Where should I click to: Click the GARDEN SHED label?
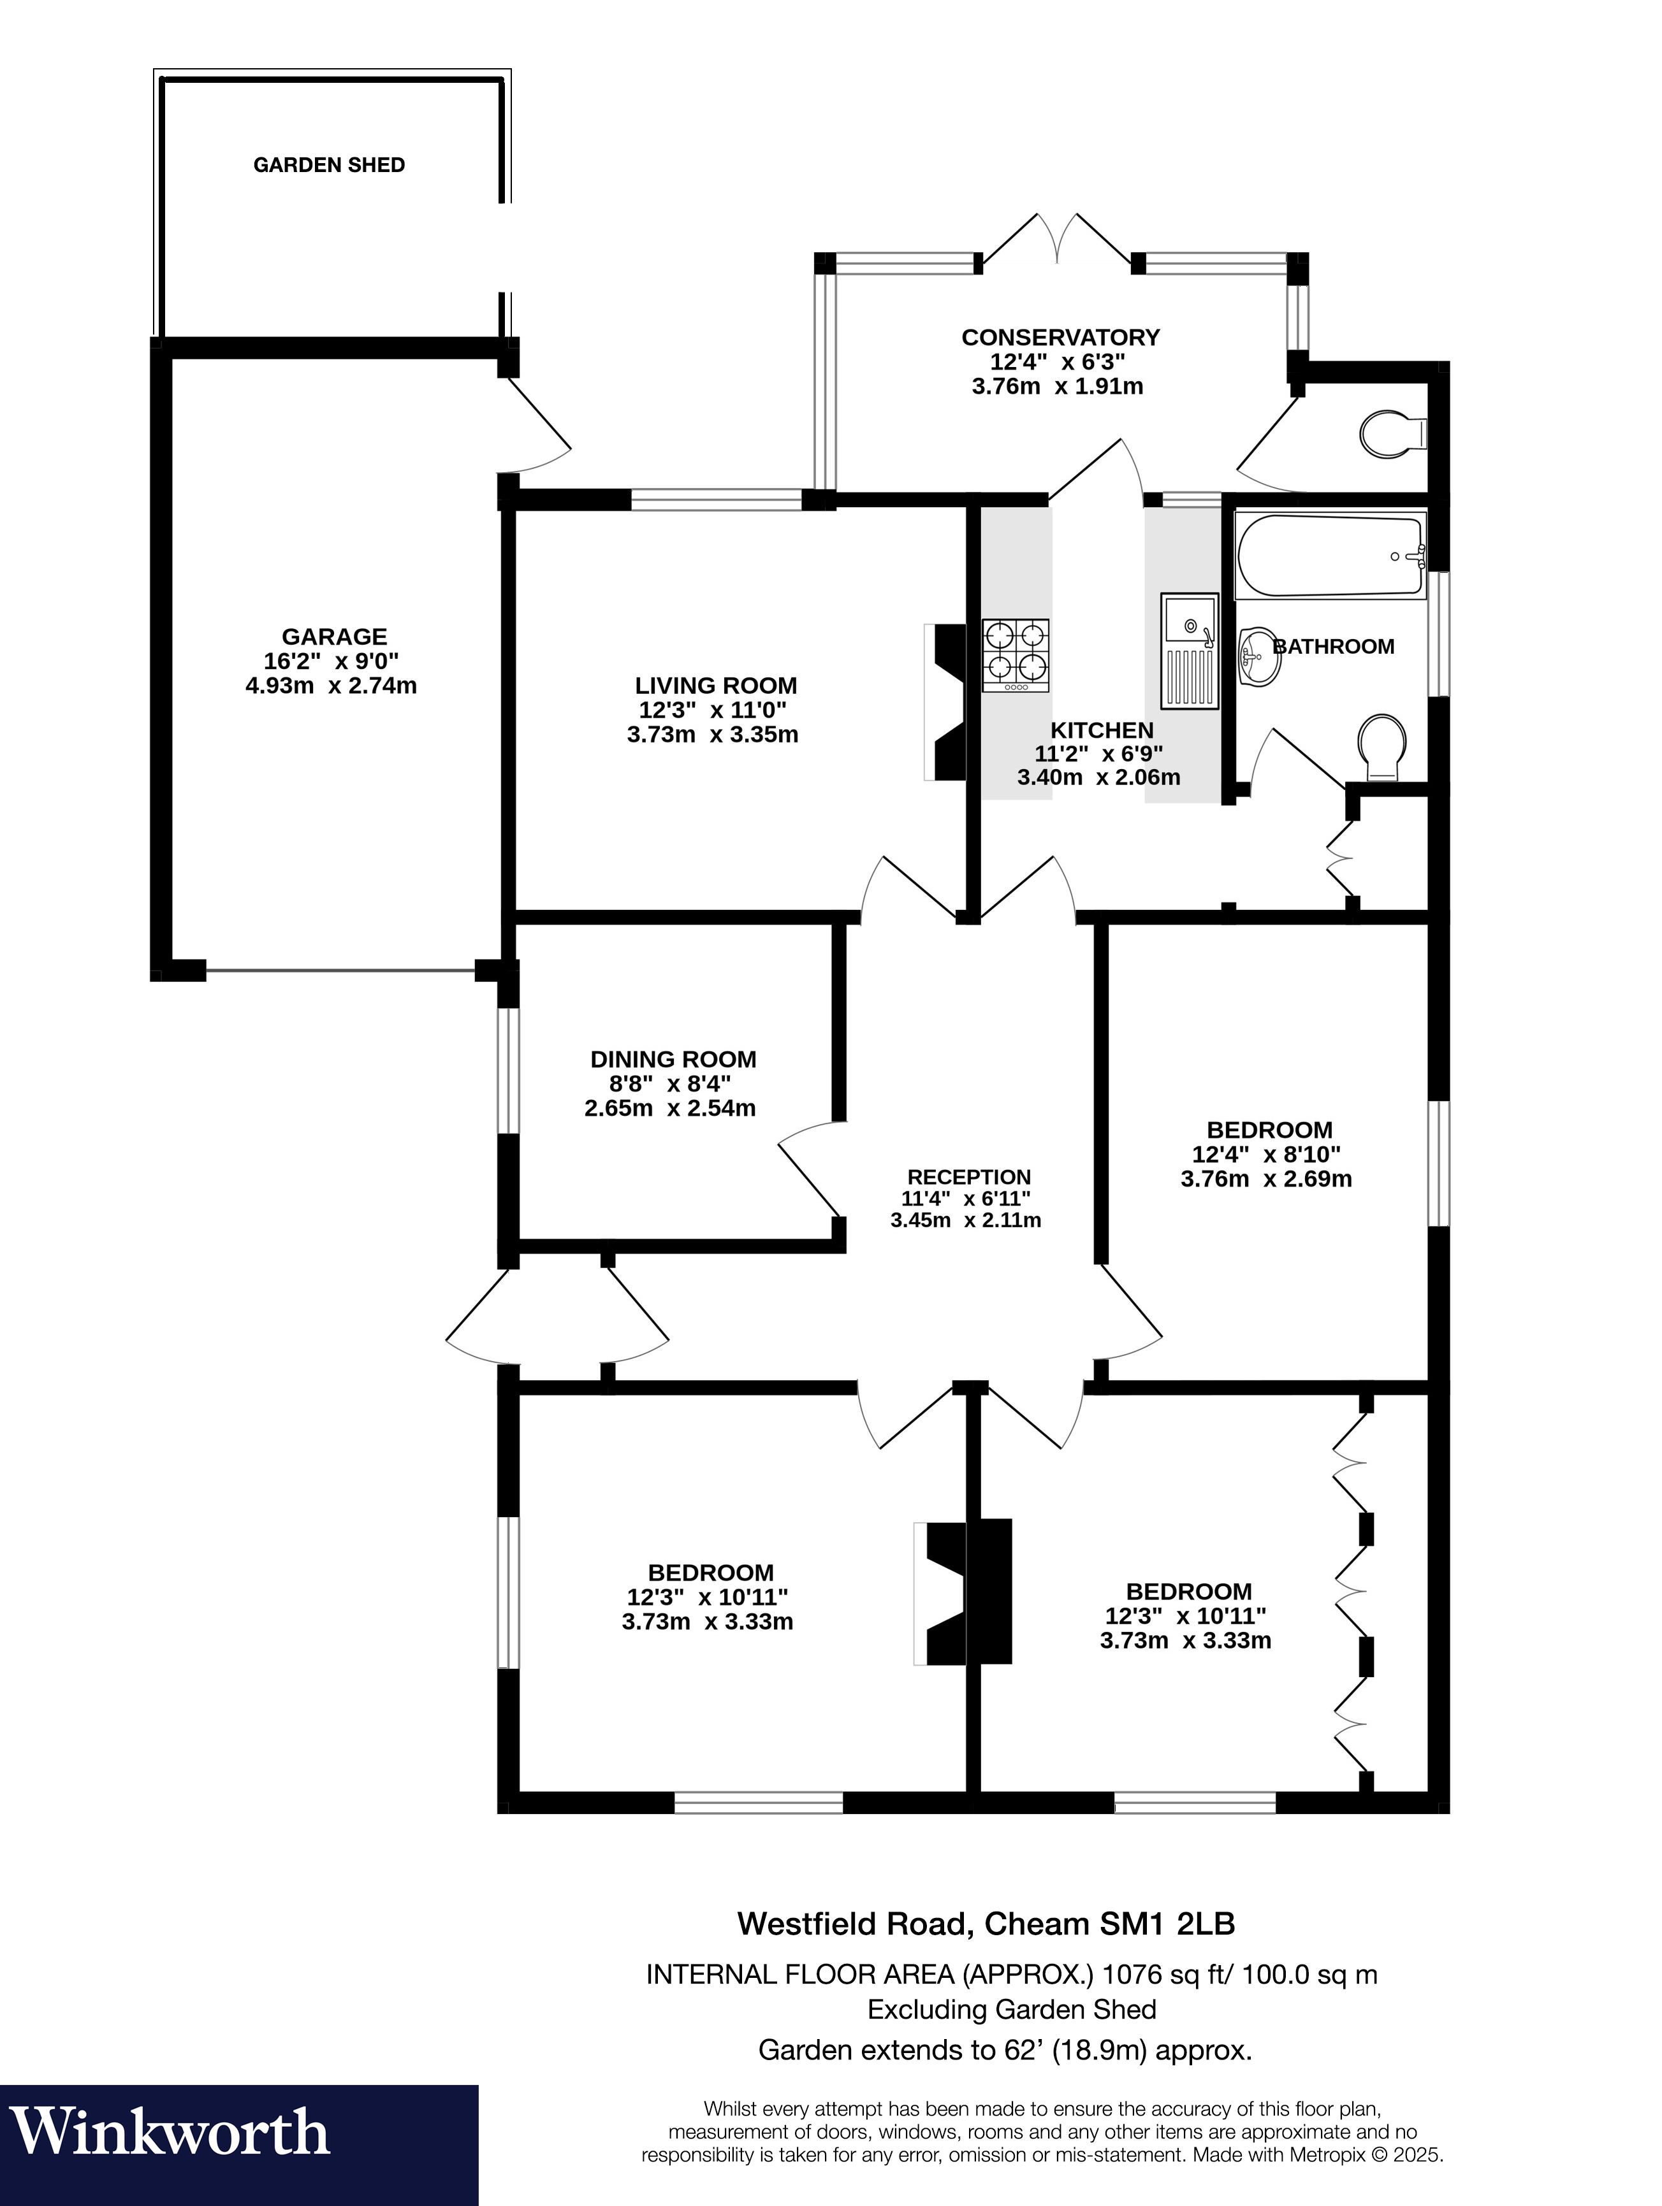(x=329, y=164)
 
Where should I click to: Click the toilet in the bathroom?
(x=1383, y=747)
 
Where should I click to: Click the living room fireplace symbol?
(x=945, y=703)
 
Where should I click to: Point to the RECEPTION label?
(x=968, y=1177)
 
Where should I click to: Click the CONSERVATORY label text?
(x=1060, y=337)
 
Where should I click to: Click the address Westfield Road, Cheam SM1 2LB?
(x=986, y=1923)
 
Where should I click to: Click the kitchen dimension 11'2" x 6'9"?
(x=1098, y=753)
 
